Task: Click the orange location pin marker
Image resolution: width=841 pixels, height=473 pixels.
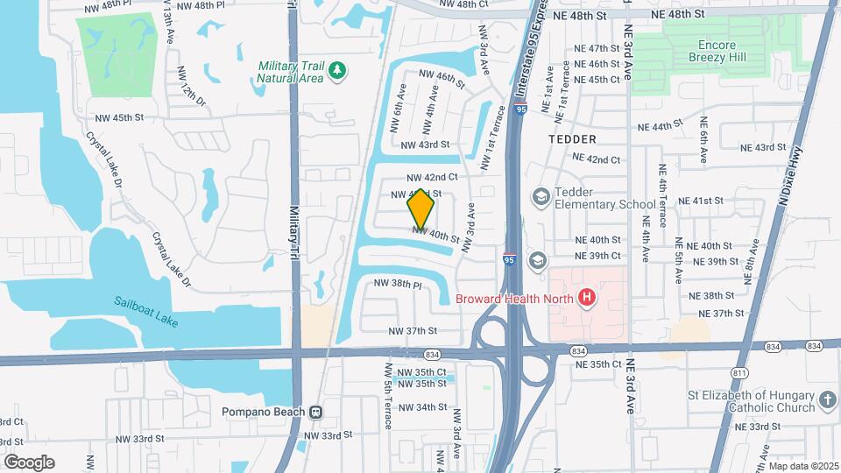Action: coord(421,208)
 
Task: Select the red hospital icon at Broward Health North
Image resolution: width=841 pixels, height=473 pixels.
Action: coord(587,298)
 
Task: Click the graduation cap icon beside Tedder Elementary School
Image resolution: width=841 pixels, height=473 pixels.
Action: coord(540,196)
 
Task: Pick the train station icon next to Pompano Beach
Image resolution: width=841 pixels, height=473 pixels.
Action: coord(315,412)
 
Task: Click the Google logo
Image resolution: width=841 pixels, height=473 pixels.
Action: coord(29,462)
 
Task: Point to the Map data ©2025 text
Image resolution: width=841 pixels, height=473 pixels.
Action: coord(803,465)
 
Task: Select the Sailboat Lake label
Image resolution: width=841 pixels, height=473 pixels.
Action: coord(145,312)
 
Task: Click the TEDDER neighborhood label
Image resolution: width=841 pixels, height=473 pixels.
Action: coord(572,139)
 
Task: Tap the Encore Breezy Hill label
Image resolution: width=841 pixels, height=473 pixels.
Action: coord(734,52)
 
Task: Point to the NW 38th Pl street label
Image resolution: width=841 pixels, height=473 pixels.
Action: coord(399,284)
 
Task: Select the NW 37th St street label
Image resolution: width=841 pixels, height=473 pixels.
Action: coord(412,330)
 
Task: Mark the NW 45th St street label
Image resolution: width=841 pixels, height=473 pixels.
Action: coord(118,117)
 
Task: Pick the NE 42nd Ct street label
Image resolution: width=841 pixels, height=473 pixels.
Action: coord(596,159)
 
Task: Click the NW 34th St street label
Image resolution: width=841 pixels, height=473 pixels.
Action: coord(423,407)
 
